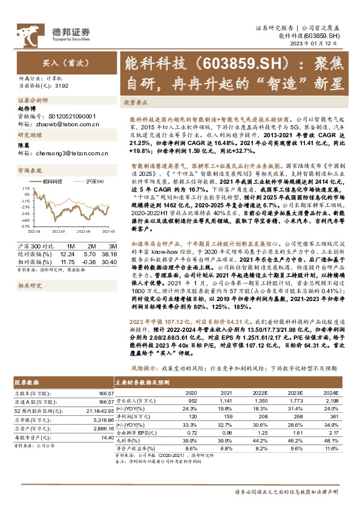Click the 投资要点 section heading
click(137, 103)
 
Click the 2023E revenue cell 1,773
click(299, 400)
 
